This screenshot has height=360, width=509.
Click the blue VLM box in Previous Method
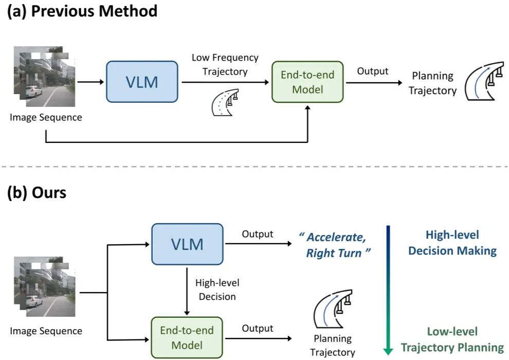(142, 82)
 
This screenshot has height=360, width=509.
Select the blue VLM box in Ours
(187, 244)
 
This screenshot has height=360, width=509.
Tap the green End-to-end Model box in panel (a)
(307, 82)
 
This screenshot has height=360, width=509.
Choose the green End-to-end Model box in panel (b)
(187, 337)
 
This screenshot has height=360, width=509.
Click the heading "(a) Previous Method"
(82, 11)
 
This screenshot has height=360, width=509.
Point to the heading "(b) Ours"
(37, 192)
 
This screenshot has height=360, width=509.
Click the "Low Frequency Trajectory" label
(225, 64)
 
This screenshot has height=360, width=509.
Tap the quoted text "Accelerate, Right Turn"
(335, 245)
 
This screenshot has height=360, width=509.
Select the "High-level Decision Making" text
(452, 243)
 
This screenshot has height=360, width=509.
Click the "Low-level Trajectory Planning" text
(452, 339)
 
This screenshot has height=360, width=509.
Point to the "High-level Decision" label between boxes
(217, 290)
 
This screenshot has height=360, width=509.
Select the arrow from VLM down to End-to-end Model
(187, 291)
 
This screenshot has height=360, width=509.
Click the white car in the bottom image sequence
(34, 301)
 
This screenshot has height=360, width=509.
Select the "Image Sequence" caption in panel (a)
(46, 117)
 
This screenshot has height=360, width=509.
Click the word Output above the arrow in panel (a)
(373, 71)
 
